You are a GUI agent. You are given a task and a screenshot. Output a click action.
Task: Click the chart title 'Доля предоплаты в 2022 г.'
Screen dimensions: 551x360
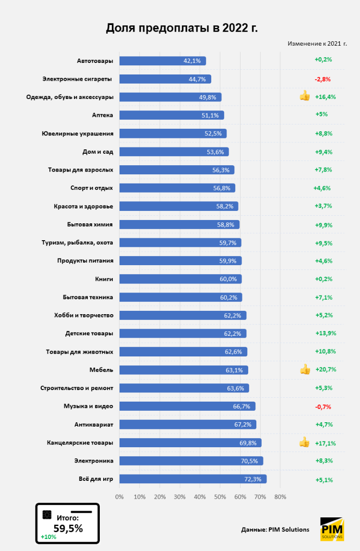181,28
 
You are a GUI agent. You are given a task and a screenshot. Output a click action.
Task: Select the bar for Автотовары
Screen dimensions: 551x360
162,61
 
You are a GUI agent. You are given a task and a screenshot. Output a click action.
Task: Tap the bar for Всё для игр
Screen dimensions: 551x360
192,479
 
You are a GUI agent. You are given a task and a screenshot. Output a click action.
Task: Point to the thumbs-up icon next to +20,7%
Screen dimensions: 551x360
305,369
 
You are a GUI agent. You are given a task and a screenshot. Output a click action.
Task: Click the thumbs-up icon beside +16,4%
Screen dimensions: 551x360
305,96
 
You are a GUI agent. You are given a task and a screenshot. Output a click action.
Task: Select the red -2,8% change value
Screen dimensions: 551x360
323,79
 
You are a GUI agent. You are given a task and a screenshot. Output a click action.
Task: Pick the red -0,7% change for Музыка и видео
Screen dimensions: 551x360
323,406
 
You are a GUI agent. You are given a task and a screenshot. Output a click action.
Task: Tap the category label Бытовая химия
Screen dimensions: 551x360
90,224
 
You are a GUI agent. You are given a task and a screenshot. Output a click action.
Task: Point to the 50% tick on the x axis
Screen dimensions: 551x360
220,497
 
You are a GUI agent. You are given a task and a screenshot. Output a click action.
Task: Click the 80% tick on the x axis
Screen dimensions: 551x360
280,497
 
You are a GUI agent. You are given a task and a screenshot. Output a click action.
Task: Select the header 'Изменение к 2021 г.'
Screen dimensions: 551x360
317,43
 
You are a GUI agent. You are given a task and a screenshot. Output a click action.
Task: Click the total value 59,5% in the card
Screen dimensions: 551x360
68,528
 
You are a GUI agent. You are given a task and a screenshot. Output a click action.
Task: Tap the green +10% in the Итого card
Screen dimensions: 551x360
48,537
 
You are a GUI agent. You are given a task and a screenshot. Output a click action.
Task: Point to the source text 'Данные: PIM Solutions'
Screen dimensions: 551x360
275,529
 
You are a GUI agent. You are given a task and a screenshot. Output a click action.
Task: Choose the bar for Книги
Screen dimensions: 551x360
180,279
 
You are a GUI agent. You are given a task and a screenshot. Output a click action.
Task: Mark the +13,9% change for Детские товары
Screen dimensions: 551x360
325,333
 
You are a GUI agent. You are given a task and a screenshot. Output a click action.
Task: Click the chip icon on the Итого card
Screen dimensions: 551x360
48,514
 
